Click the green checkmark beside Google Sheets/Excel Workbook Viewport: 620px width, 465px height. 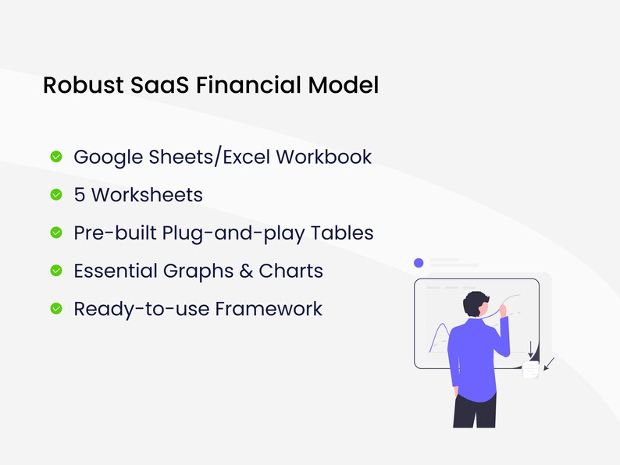56,157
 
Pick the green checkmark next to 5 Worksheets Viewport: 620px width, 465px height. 56,195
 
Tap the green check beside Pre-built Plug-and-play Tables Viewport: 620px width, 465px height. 56,232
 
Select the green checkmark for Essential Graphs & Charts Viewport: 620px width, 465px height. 56,271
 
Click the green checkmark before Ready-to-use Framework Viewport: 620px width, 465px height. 56,309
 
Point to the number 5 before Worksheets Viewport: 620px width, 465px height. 80,194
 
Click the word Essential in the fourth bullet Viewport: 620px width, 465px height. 115,271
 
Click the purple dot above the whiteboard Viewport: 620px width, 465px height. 419,263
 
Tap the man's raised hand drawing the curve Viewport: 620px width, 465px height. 504,310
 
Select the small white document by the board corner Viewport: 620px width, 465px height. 531,370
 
